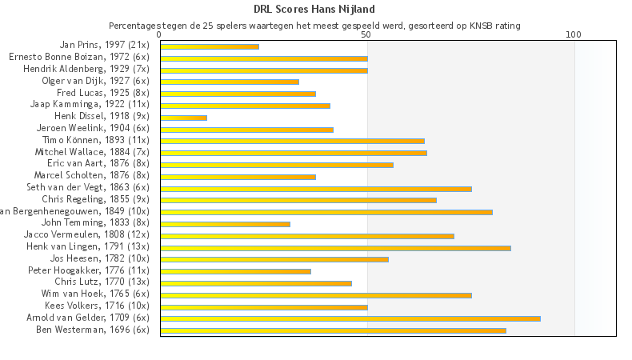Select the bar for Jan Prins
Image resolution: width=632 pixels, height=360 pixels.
pyautogui.click(x=210, y=46)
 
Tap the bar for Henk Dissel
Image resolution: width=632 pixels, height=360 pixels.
pyautogui.click(x=184, y=118)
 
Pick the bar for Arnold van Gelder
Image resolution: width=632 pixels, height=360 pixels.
pyautogui.click(x=350, y=318)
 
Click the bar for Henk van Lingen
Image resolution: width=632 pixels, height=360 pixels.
pyautogui.click(x=335, y=248)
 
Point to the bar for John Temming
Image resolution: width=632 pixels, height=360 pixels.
pyautogui.click(x=225, y=224)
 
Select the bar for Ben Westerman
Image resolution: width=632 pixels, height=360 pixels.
pyautogui.click(x=333, y=330)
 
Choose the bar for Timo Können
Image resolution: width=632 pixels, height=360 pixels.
pyautogui.click(x=292, y=141)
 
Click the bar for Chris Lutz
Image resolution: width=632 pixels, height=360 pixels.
pyautogui.click(x=256, y=283)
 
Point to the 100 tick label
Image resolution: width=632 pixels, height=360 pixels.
pyautogui.click(x=574, y=34)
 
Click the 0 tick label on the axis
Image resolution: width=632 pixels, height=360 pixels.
pyautogui.click(x=160, y=34)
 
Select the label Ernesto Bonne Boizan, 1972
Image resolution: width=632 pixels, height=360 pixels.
pyautogui.click(x=78, y=57)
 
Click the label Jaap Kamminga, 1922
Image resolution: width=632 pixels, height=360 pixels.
pyautogui.click(x=90, y=104)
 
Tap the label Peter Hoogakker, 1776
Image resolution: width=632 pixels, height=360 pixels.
pyautogui.click(x=89, y=270)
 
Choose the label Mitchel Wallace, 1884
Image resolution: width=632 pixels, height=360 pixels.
pyautogui.click(x=92, y=151)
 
